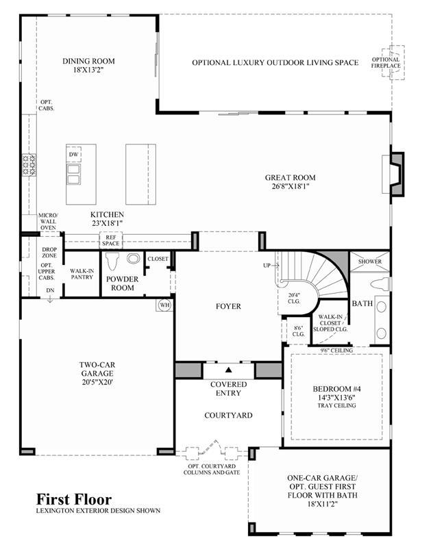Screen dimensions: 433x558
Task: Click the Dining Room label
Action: pos(88,61)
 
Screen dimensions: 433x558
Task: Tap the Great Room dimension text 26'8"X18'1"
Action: pos(290,186)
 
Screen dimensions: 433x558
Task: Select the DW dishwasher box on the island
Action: pos(74,155)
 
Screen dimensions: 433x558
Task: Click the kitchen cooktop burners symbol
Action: pos(29,164)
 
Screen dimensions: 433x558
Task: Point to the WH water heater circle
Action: pos(164,305)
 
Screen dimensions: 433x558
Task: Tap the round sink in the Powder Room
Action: pos(134,258)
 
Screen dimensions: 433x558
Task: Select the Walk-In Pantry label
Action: pos(82,274)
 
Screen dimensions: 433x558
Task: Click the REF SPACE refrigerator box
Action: pos(111,240)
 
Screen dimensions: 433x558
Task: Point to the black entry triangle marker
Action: pos(229,370)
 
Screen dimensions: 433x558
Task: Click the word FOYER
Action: pos(228,307)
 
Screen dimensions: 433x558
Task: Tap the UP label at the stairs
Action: pos(267,266)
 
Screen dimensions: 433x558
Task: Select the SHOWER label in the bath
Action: pos(370,262)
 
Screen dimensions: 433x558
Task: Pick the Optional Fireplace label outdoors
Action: pos(386,62)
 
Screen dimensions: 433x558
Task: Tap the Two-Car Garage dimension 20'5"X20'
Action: pos(97,383)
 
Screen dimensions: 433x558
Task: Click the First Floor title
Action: pos(74,499)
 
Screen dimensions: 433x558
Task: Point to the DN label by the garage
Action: pos(50,290)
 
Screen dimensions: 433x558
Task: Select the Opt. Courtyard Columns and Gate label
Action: pos(212,470)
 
